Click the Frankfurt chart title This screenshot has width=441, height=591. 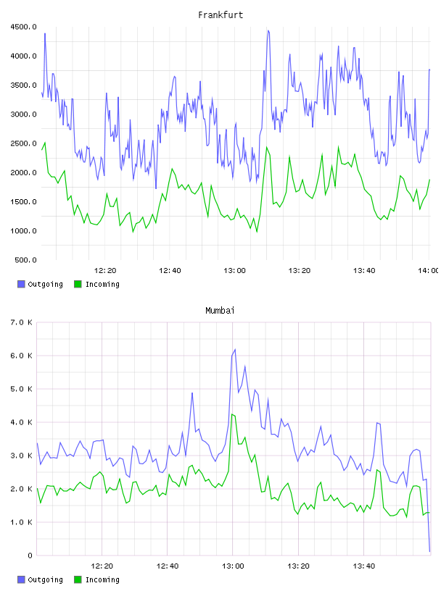tap(220, 15)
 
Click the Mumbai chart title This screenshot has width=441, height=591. tap(220, 311)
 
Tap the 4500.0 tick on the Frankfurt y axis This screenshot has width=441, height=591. tap(23, 27)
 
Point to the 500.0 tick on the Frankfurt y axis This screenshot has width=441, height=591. tap(25, 260)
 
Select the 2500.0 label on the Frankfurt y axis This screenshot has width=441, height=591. tap(23, 143)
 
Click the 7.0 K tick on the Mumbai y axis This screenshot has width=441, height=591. tap(21, 322)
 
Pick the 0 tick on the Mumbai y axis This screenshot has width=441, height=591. tap(30, 556)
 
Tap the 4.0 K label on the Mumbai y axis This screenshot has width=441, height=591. tap(21, 422)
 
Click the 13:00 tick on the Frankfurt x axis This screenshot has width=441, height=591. tap(234, 271)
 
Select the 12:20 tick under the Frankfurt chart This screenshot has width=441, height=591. tap(105, 271)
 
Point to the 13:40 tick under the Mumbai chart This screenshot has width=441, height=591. tap(364, 566)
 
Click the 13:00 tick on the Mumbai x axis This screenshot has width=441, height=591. tap(233, 566)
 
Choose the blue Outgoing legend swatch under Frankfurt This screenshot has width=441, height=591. tap(21, 284)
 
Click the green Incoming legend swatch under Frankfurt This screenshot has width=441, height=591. tap(78, 284)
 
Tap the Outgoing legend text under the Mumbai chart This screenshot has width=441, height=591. tap(45, 579)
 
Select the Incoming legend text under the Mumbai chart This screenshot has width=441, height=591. tap(102, 579)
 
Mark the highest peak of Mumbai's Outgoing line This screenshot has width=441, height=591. tap(235, 349)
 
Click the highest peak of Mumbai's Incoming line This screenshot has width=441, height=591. tap(232, 414)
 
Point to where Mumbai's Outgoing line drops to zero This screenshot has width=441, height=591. tap(429, 552)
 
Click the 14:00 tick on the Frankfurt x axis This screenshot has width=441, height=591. tap(429, 271)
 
